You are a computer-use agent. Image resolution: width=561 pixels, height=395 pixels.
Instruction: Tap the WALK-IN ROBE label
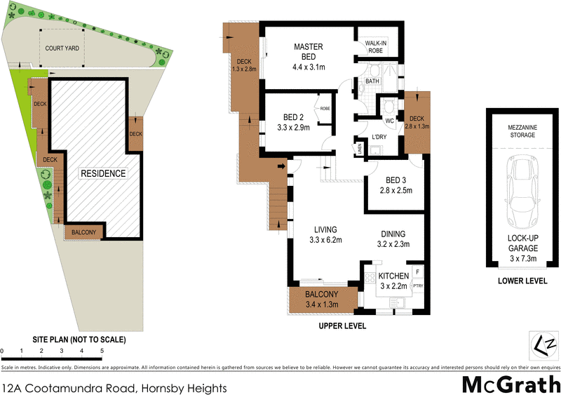[x=375, y=47]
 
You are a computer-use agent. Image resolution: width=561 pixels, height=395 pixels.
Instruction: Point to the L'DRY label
[x=380, y=136]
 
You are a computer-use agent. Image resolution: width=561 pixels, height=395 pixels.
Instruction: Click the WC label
[x=390, y=121]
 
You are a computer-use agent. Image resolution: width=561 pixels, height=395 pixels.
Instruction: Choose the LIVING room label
[x=325, y=229]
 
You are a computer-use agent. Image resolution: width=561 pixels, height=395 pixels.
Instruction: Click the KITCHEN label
[x=393, y=276]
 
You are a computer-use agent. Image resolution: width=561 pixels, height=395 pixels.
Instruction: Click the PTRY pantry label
[x=418, y=286]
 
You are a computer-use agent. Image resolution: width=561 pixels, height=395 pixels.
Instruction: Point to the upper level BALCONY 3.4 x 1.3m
[x=322, y=299]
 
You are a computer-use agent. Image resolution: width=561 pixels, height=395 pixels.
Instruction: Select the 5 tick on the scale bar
[x=102, y=349]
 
